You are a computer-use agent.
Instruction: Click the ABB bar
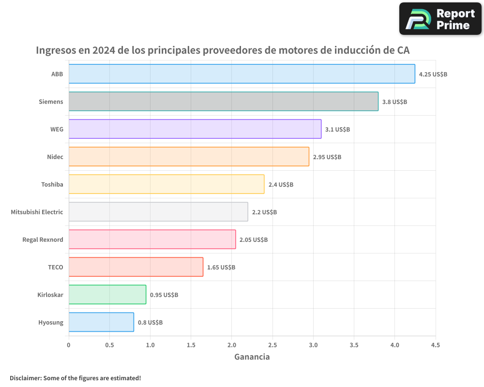(242, 74)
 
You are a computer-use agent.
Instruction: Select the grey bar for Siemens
(223, 102)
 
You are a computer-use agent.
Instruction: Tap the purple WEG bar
(195, 129)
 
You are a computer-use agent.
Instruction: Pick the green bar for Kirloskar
(107, 295)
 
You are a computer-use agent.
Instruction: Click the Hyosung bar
(101, 322)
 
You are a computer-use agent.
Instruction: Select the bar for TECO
(136, 267)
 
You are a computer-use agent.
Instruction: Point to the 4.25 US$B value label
(433, 74)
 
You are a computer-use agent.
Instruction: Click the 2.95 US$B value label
(327, 157)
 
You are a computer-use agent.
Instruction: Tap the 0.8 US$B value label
(150, 323)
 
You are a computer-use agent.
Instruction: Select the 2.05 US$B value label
(253, 240)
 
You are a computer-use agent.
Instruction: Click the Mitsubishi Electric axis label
(37, 212)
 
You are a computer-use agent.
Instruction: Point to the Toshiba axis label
(52, 184)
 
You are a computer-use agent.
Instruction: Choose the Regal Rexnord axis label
(43, 239)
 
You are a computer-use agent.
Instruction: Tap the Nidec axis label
(55, 157)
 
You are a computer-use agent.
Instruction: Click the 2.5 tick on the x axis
(272, 345)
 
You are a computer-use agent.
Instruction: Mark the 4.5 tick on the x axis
(435, 345)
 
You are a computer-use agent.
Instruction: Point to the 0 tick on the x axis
(69, 345)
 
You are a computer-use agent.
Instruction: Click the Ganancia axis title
(252, 357)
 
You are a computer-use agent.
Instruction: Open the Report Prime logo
(440, 19)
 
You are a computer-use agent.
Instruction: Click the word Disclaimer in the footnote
(25, 378)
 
